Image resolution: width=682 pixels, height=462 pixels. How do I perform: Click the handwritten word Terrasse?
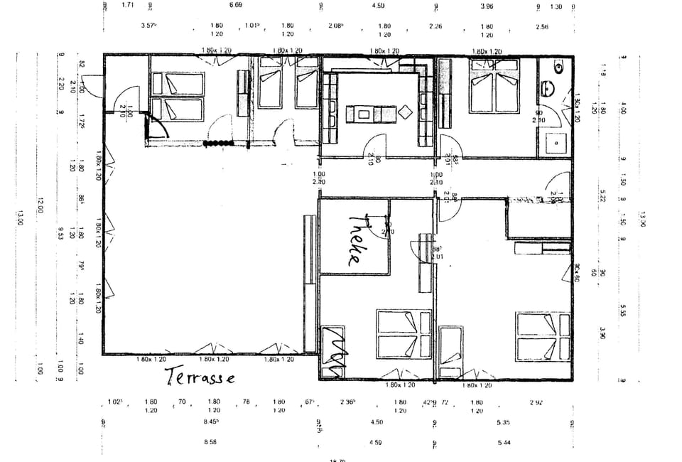[200, 377]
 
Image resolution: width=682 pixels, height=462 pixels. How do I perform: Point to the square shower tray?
[554, 144]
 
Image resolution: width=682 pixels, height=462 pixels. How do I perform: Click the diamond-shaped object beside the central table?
[406, 112]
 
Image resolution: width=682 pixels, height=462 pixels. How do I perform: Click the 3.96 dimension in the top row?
[487, 6]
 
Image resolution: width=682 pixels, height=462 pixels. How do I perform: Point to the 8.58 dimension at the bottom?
[211, 443]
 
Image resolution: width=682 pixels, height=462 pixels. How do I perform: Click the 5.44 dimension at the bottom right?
[504, 443]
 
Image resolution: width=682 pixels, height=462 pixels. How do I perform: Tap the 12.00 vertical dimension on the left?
[41, 205]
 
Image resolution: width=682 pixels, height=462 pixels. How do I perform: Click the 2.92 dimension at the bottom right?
[537, 402]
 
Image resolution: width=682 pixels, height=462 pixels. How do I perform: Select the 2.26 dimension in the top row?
[436, 26]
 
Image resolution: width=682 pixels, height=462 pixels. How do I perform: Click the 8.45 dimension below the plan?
[211, 422]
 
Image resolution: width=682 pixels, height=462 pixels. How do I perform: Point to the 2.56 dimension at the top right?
[542, 26]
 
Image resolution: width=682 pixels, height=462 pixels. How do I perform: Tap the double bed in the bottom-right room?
[543, 336]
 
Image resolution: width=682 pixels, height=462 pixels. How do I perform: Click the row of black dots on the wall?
[218, 144]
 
